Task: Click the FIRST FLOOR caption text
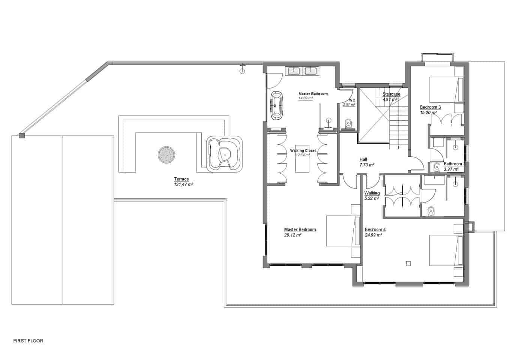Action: (x=28, y=341)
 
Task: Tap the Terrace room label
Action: (x=181, y=179)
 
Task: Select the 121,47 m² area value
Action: (x=183, y=184)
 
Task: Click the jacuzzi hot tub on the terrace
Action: (x=224, y=154)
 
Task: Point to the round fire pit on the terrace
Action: (x=166, y=154)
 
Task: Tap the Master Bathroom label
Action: (x=313, y=94)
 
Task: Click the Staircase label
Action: (x=391, y=94)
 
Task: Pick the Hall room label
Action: (x=363, y=159)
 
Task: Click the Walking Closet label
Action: (x=303, y=150)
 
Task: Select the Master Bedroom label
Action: (x=300, y=229)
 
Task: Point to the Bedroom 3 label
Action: (x=430, y=107)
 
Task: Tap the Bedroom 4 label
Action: (x=375, y=229)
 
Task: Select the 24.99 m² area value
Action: (x=373, y=235)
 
